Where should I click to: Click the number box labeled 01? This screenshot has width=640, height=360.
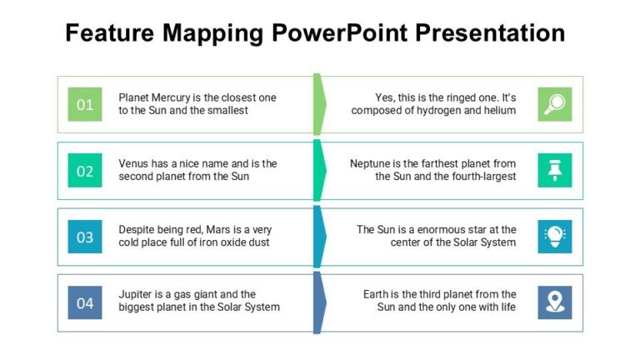85,104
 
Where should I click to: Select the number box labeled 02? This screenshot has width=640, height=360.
85,171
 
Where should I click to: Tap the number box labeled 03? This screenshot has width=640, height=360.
85,237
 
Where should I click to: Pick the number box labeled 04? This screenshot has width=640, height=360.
85,302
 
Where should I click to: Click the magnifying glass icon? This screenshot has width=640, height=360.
554,104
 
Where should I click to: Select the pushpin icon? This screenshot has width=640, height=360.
554,170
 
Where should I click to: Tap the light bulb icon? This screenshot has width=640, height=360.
554,237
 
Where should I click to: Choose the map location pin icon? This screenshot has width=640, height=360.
554,302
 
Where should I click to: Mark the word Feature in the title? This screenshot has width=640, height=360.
110,33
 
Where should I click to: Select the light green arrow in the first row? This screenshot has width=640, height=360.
319,104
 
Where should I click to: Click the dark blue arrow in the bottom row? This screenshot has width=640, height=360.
319,302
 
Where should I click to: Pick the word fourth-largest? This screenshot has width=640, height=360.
482,176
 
